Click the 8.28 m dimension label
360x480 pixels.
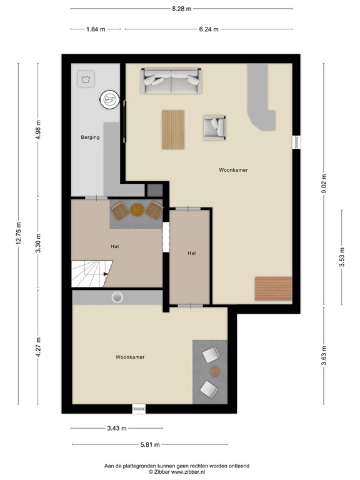[x=181, y=9]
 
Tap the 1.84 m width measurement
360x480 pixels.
[x=96, y=29]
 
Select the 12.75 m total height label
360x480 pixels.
[x=19, y=234]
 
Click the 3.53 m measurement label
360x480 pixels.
[x=342, y=256]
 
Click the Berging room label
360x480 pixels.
[x=90, y=137]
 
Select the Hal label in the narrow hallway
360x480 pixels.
[x=192, y=253]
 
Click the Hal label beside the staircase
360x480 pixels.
[x=115, y=247]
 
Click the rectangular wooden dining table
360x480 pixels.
[x=174, y=129]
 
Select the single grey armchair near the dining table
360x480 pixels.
[x=214, y=127]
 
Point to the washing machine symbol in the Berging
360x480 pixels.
[x=85, y=79]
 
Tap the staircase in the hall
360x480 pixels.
[x=90, y=274]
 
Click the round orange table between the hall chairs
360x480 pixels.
[x=137, y=209]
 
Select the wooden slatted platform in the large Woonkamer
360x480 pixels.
[x=273, y=288]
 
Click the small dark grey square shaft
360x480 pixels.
[x=154, y=189]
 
